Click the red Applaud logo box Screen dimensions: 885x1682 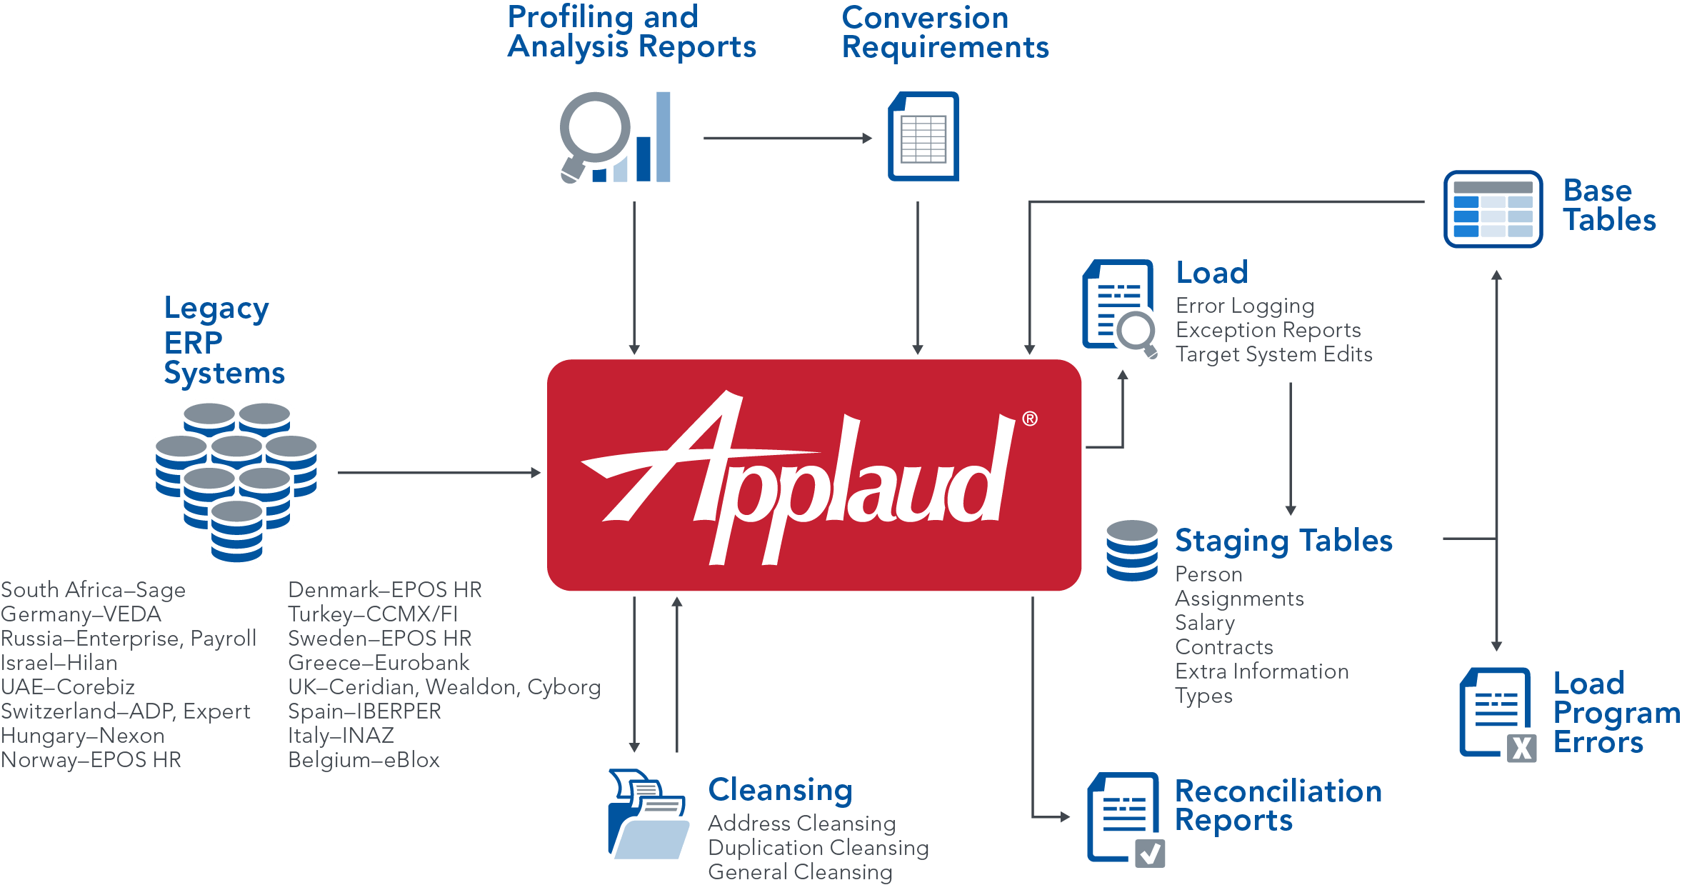coord(814,475)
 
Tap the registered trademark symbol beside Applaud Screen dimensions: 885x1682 coord(1029,419)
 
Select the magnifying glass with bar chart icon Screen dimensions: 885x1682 coord(615,137)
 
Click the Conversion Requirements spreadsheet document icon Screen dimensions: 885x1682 coord(923,136)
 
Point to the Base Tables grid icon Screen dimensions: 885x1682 coord(1493,209)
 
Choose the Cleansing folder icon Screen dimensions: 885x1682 coord(647,814)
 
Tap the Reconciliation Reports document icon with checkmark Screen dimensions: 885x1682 coord(1125,819)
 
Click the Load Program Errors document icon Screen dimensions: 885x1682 coord(1497,714)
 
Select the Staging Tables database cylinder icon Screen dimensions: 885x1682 coord(1131,550)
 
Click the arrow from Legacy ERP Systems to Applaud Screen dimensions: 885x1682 coord(439,473)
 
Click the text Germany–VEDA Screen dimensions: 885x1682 coord(81,614)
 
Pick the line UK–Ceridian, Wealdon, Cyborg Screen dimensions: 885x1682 coord(444,687)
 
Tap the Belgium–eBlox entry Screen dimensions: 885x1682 coord(364,760)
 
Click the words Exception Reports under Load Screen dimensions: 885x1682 coord(1268,330)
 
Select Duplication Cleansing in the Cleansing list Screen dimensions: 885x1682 coord(818,848)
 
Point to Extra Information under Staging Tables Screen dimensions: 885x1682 coord(1261,671)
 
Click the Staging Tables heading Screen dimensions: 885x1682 coord(1283,541)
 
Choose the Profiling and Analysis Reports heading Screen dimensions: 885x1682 coord(631,32)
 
